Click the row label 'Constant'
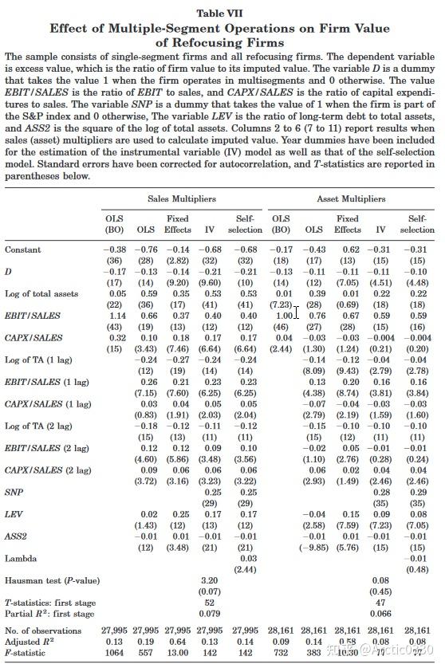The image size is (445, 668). click(23, 250)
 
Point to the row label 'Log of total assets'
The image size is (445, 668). click(41, 293)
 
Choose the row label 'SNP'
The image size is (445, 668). click(14, 492)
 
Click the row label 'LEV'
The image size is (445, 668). click(14, 514)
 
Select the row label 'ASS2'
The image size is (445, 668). click(16, 536)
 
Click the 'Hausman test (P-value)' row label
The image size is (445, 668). click(51, 580)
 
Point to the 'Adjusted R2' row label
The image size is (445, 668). click(31, 640)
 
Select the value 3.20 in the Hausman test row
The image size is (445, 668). click(209, 580)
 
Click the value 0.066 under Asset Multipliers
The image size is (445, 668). click(381, 613)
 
